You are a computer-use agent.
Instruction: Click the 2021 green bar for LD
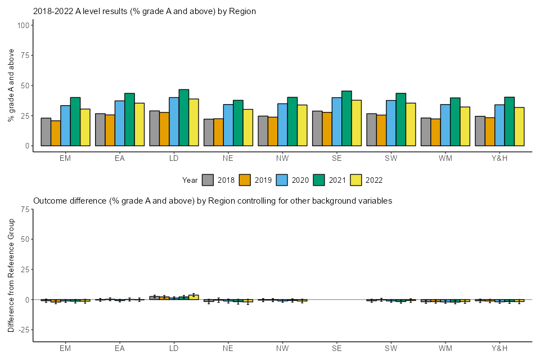pyautogui.click(x=183, y=118)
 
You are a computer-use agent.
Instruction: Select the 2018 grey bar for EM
pyautogui.click(x=46, y=132)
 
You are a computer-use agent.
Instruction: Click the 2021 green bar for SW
pyautogui.click(x=400, y=119)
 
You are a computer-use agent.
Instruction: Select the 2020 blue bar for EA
pyautogui.click(x=120, y=123)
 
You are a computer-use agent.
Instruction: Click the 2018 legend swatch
pyautogui.click(x=208, y=180)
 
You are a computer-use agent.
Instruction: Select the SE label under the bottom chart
pyautogui.click(x=336, y=349)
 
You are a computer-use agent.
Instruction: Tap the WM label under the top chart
pyautogui.click(x=445, y=158)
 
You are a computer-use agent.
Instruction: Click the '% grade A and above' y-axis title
pyautogui.click(x=11, y=85)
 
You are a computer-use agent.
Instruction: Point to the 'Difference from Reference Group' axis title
pyautogui.click(x=11, y=275)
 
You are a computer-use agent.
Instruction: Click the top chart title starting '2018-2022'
pyautogui.click(x=145, y=11)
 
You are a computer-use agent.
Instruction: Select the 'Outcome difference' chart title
pyautogui.click(x=213, y=201)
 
